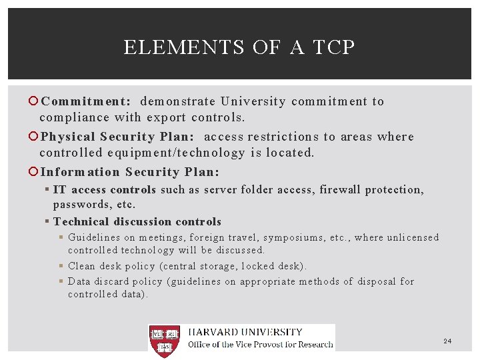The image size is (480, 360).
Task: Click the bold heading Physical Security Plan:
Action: point(117,137)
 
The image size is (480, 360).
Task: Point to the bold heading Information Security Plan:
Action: point(129,172)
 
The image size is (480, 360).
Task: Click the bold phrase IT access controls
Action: point(105,190)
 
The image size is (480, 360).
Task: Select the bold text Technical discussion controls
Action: point(137,222)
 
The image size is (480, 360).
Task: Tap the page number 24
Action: point(447,341)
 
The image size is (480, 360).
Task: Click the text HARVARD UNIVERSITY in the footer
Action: point(245,332)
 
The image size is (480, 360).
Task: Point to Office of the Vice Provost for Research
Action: point(260,345)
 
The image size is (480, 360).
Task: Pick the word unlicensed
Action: point(413,237)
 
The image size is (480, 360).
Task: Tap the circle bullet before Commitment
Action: point(35,102)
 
